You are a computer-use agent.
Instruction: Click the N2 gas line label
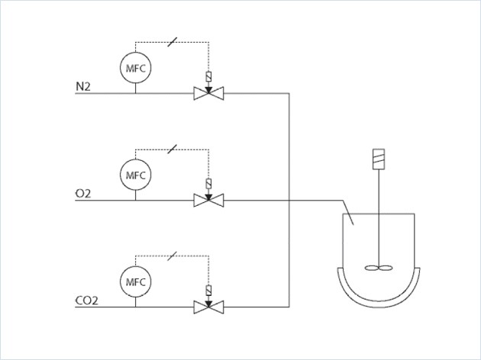click(x=82, y=87)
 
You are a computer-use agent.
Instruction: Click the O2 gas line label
click(x=82, y=194)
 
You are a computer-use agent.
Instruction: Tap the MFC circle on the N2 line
click(x=135, y=69)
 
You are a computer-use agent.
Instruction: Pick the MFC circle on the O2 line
click(x=135, y=175)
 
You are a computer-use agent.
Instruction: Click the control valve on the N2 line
click(x=207, y=94)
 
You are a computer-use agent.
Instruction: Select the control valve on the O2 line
click(x=207, y=201)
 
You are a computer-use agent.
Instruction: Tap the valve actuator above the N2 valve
click(x=207, y=78)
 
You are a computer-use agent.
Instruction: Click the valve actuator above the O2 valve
click(x=207, y=184)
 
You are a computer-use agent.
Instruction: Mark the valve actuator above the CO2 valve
click(x=207, y=290)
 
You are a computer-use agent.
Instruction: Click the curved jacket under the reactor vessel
click(x=379, y=293)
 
